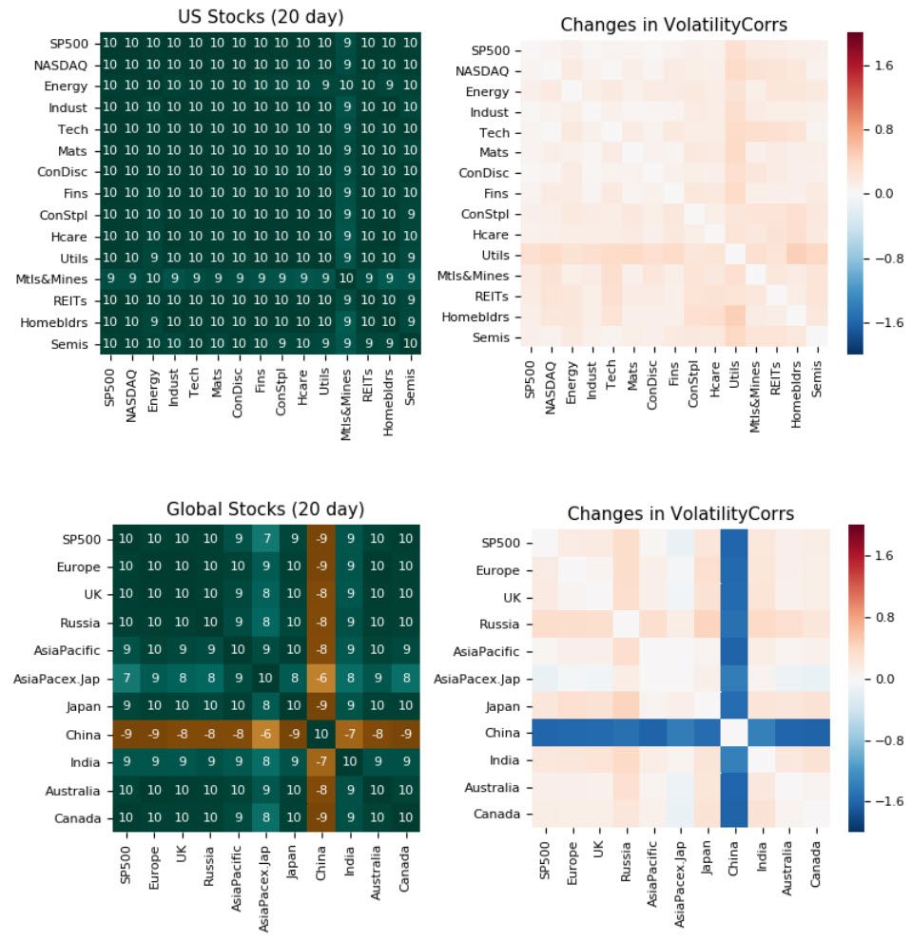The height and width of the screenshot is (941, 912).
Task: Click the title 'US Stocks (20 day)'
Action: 261,17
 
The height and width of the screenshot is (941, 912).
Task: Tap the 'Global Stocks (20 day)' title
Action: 264,509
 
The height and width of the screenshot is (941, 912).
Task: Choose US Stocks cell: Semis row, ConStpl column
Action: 282,343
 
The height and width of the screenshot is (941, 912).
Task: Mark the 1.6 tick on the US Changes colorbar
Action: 884,66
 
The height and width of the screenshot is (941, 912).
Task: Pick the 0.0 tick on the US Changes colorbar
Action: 884,193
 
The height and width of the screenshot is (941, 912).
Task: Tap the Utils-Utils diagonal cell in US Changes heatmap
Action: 735,255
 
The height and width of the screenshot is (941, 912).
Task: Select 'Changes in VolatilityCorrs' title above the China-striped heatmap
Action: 680,514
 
